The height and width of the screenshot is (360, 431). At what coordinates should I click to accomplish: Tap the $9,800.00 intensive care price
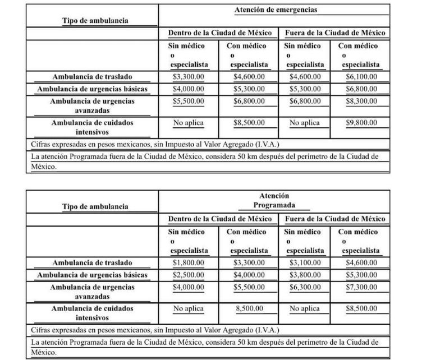360,122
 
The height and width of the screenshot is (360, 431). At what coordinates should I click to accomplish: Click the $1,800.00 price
188,262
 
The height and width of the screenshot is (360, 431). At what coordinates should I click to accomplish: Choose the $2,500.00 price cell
188,275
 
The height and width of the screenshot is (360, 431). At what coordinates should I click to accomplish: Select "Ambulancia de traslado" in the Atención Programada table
92,262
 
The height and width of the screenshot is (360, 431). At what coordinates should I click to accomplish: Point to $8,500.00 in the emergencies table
249,122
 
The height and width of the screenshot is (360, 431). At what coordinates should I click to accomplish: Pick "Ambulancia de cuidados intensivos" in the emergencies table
92,127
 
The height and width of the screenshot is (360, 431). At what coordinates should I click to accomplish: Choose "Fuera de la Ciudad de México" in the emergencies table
335,33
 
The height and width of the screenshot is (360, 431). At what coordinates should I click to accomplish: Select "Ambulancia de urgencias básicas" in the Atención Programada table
92,275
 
